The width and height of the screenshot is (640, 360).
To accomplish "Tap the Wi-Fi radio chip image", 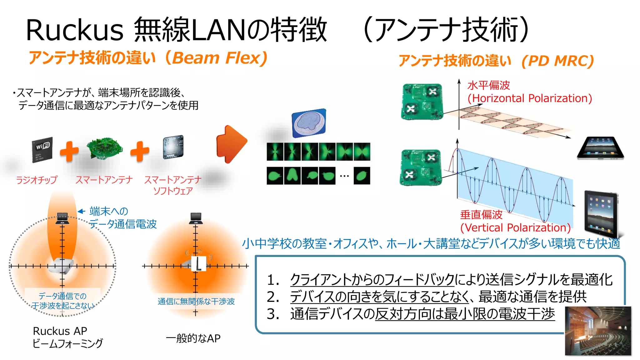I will click(x=42, y=150).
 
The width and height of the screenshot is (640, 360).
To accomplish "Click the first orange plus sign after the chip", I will click(x=69, y=152).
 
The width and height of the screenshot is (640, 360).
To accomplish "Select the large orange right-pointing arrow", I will click(x=232, y=144).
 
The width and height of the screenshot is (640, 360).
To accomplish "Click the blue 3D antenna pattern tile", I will click(x=309, y=123).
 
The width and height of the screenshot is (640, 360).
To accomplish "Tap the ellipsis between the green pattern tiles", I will click(x=344, y=176).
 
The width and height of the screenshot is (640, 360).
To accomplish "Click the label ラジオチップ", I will click(x=37, y=180).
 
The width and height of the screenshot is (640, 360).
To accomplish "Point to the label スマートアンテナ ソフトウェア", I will click(x=173, y=185).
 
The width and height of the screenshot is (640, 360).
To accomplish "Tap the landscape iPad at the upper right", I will click(x=600, y=148).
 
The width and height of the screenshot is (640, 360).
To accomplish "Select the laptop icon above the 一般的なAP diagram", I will click(x=196, y=218).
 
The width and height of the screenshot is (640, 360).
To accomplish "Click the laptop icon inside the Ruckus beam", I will click(x=62, y=218).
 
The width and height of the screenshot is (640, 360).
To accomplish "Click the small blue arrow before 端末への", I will click(x=82, y=212).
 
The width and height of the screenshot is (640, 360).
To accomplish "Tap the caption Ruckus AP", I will click(x=60, y=331).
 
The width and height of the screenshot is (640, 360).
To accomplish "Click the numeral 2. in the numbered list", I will click(x=273, y=297).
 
